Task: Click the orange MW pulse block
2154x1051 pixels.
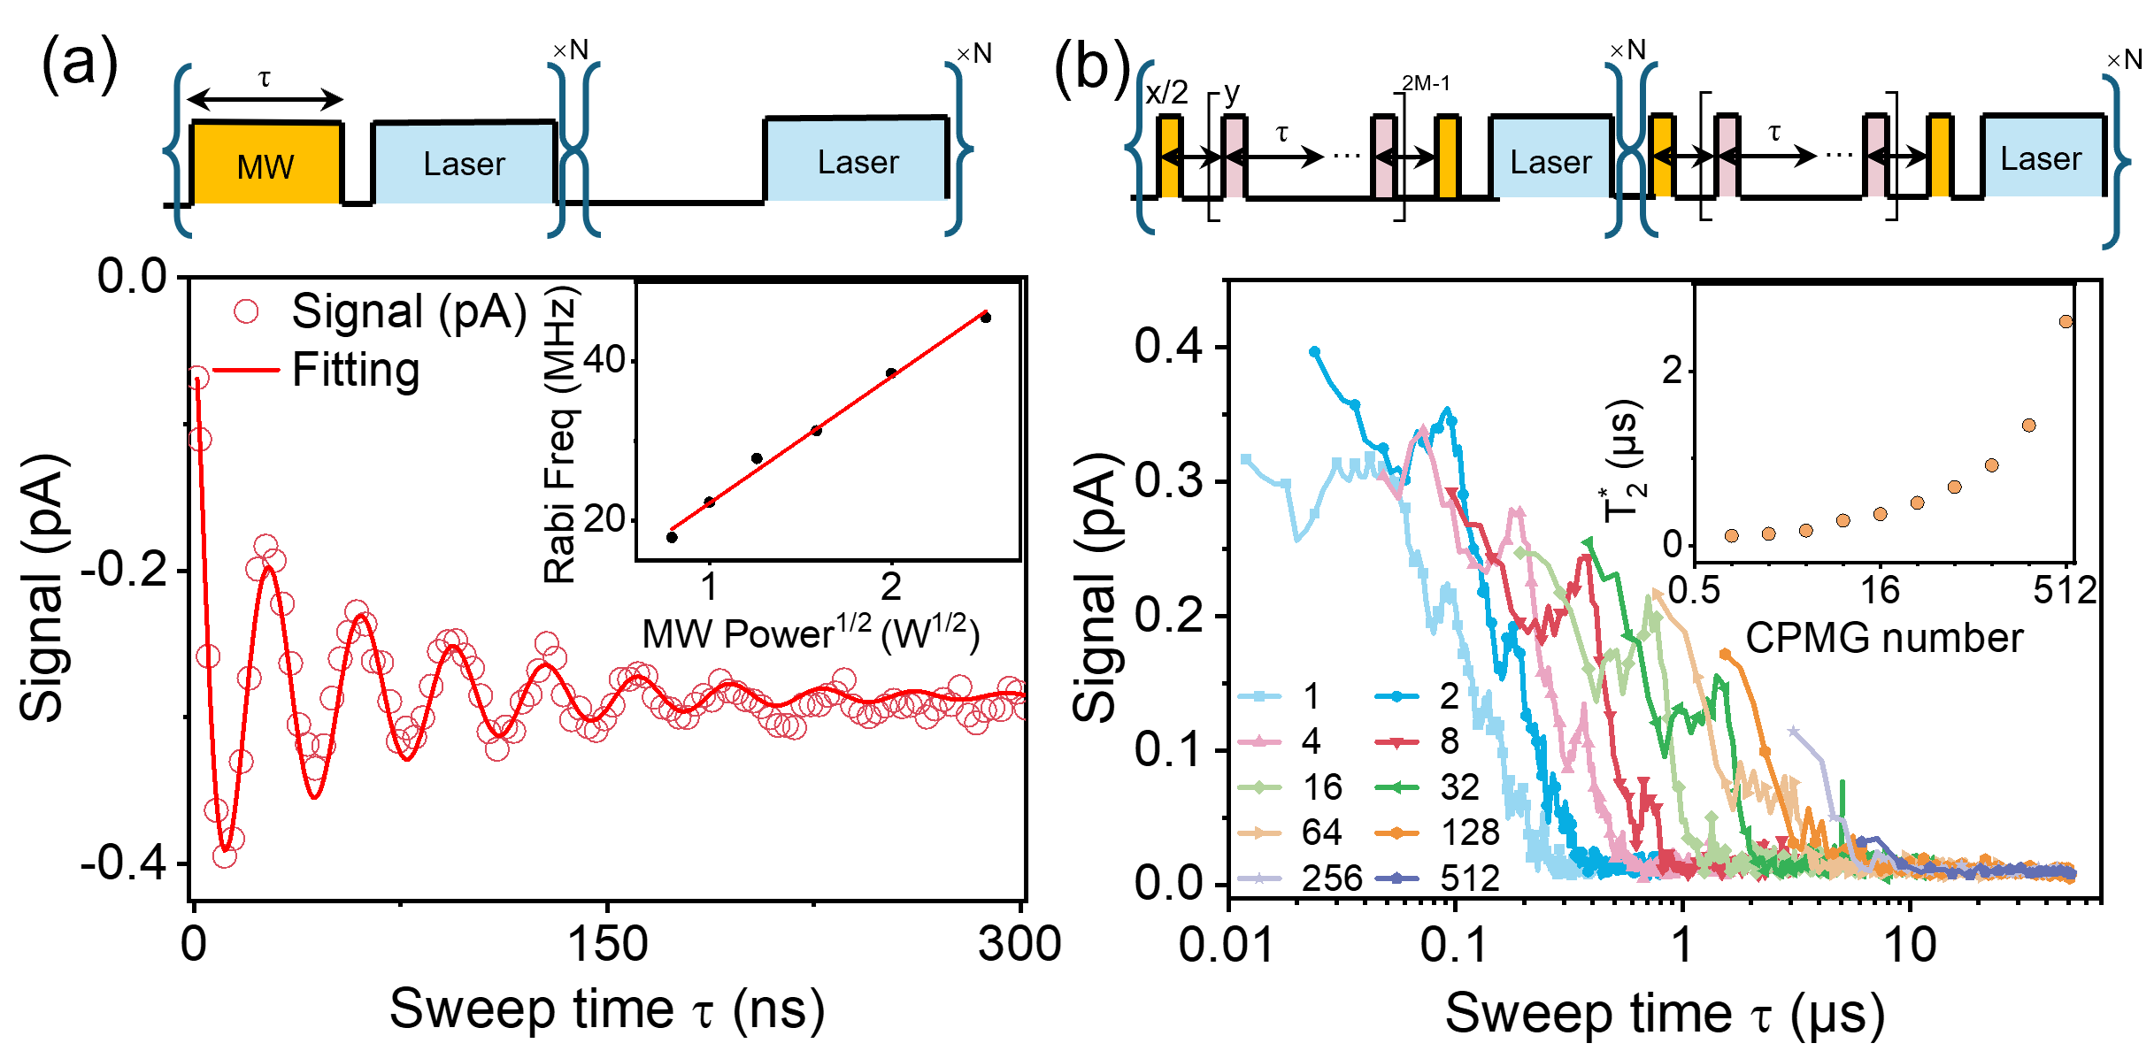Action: (265, 163)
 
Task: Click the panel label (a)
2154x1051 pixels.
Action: (80, 64)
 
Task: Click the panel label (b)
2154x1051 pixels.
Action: (1092, 67)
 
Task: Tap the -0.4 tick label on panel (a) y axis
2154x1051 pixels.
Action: (124, 863)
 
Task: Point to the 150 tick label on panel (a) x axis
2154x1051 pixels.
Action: (607, 945)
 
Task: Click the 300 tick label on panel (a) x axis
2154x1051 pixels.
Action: (1019, 945)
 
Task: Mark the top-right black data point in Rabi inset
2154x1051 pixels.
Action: (986, 318)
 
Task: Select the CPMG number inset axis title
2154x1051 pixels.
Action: (1884, 638)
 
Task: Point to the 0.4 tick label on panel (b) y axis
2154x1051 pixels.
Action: (1169, 346)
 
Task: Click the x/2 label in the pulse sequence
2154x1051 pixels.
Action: (1166, 93)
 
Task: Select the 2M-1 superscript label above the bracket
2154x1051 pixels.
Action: (1426, 83)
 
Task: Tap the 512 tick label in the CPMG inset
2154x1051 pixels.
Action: (2065, 590)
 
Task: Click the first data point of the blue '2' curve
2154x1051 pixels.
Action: (1314, 352)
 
